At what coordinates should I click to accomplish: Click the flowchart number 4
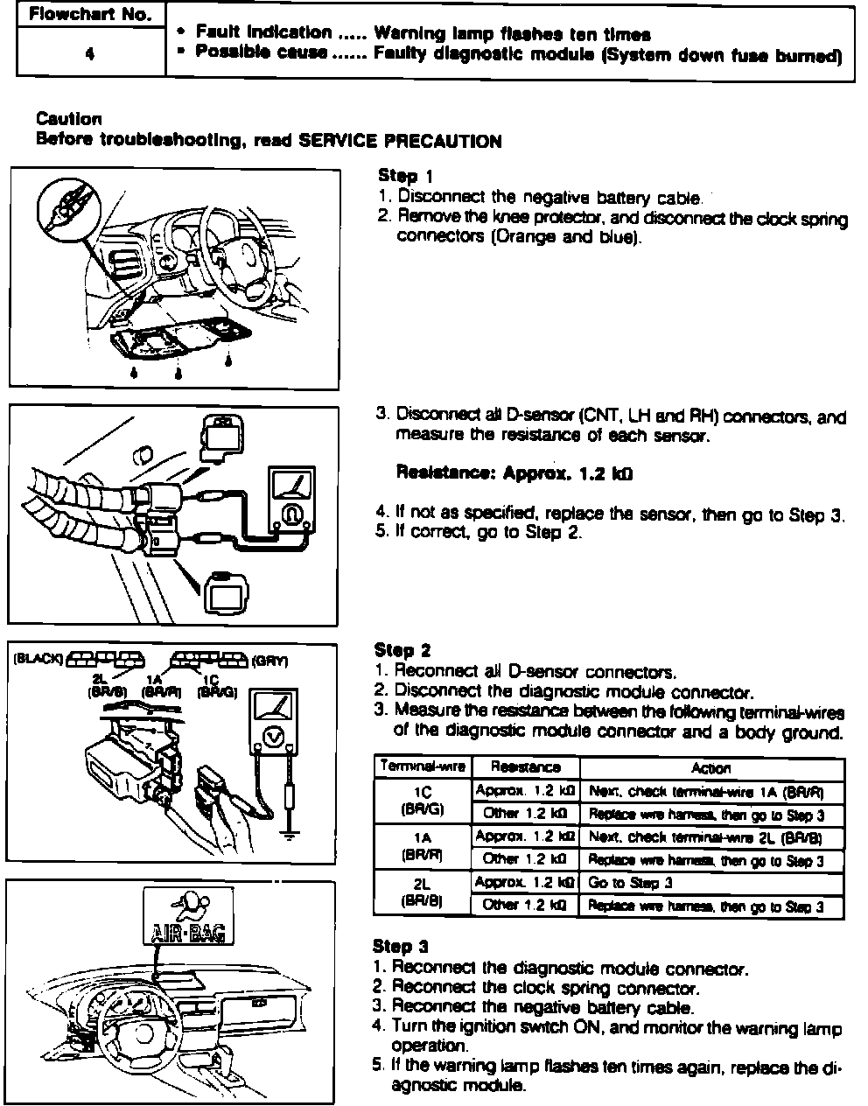[x=90, y=52]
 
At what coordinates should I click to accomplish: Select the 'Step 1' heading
[x=405, y=176]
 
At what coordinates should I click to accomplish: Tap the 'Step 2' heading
[x=402, y=650]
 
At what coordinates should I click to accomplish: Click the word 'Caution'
[x=69, y=119]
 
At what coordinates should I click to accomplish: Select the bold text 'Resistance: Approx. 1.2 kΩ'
[x=514, y=473]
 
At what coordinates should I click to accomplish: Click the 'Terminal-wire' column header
[x=423, y=766]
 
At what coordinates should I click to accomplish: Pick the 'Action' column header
[x=710, y=767]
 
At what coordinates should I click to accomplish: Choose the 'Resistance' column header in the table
[x=525, y=767]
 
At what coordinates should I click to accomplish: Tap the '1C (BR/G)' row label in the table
[x=423, y=801]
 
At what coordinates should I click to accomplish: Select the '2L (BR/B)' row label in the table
[x=423, y=893]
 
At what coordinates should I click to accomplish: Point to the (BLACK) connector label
[x=38, y=659]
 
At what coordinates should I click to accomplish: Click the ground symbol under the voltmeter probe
[x=290, y=834]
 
